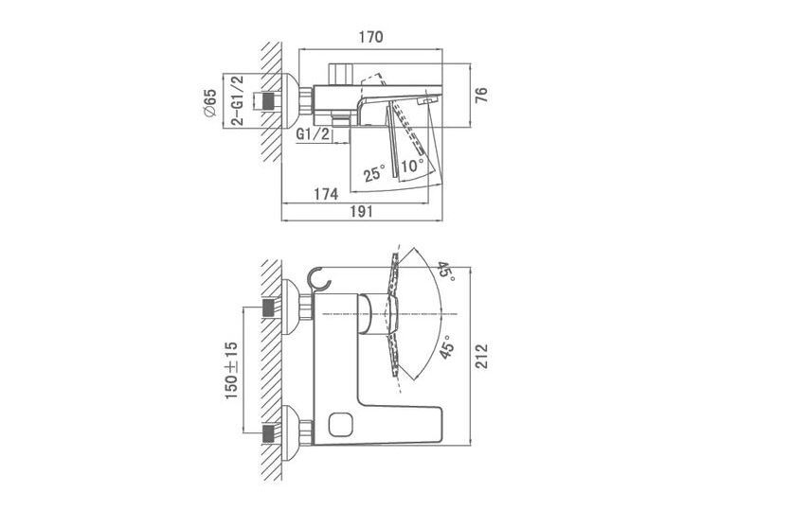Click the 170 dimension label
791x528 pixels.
pos(370,37)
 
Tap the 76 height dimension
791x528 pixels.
pos(481,95)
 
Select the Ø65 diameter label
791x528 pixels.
pos(209,103)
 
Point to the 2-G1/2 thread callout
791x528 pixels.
pos(237,100)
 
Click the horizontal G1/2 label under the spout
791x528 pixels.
pos(313,134)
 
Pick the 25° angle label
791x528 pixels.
pos(375,172)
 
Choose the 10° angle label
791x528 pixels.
pos(413,165)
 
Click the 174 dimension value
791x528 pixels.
pos(326,193)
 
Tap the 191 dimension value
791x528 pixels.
pos(362,212)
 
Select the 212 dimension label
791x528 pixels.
pos(481,356)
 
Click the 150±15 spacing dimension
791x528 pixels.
pos(231,370)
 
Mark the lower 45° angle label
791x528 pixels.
pos(446,346)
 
